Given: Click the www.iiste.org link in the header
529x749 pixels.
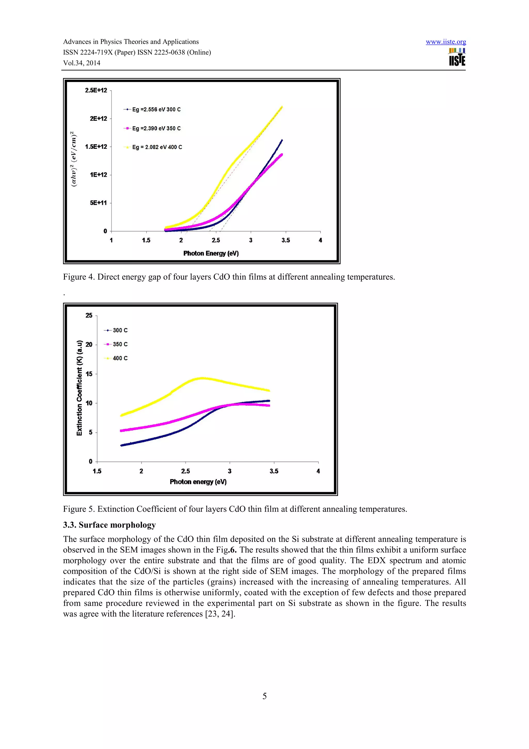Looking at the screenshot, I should tap(446, 42).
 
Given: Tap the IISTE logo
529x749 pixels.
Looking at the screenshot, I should tap(457, 57).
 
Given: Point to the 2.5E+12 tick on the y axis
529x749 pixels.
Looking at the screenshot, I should tap(96, 90).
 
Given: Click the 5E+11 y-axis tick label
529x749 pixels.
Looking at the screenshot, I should tap(98, 203).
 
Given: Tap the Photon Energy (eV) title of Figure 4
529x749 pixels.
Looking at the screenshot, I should tap(211, 254).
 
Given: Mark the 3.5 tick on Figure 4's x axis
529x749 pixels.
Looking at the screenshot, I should tap(285, 240).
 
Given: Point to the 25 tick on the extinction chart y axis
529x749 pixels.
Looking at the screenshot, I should tap(89, 316).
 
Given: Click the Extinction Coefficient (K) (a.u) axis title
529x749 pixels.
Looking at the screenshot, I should tap(80, 388).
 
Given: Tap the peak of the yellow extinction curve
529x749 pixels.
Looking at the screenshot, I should tap(202, 378).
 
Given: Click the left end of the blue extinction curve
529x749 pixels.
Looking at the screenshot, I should tap(122, 445).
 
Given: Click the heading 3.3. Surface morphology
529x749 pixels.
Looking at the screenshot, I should tap(109, 525).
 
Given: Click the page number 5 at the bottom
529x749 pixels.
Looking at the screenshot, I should tap(264, 696).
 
